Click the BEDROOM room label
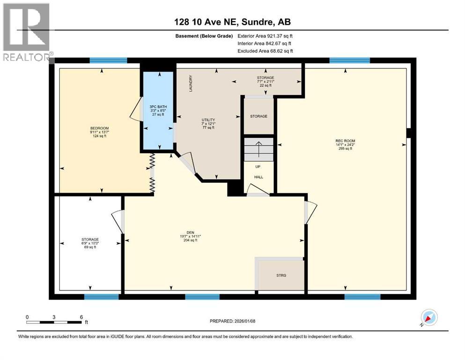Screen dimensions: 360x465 coord(99,128)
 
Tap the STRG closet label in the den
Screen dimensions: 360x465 coord(281,275)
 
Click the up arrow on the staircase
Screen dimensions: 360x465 coord(258,150)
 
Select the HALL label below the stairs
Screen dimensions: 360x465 coord(258,177)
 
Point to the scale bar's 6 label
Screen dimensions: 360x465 coord(81,317)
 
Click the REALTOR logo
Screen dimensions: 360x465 coord(26,32)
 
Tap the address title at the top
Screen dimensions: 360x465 coord(232,22)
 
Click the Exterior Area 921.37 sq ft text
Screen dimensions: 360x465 coord(266,36)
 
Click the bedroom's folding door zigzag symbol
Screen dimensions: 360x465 coord(152,172)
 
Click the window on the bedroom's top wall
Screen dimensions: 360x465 coord(108,60)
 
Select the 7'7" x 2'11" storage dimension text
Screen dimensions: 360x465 coord(265,82)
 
